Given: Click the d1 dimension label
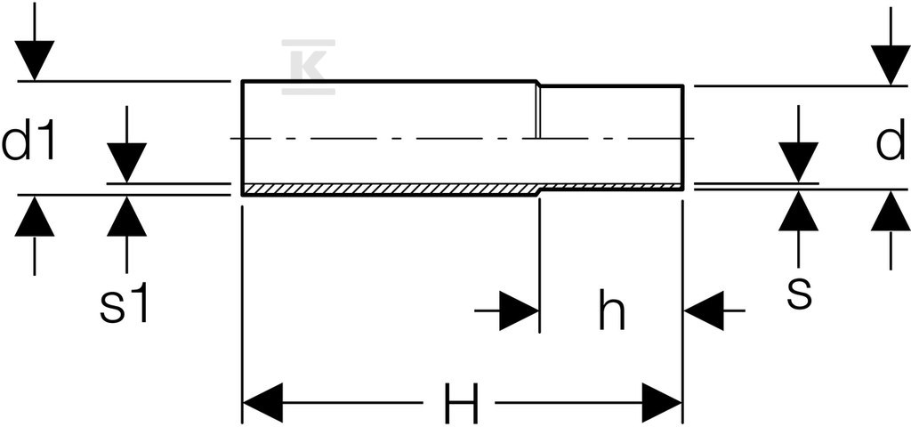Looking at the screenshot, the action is tap(28, 140).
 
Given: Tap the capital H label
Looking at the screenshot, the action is tap(461, 403).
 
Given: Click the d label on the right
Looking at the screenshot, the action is tap(891, 140).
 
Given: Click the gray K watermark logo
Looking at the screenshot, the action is tap(308, 67).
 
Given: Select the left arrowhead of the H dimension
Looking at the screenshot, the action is tap(262, 403).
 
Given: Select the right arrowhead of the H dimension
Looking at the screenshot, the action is tap(661, 403).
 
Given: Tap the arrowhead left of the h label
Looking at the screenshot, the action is tap(520, 310).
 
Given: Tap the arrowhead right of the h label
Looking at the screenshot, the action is tap(705, 310).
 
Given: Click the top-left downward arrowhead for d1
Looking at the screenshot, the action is tap(35, 60).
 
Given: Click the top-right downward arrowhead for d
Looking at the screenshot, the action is tap(891, 65).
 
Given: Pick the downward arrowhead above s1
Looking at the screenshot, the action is tap(126, 164).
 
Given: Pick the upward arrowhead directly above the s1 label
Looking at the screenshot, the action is tap(126, 216).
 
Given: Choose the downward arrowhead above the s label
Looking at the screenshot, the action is tap(798, 162).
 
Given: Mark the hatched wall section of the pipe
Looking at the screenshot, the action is tap(463, 189).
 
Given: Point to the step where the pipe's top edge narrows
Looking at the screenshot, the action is tap(538, 83).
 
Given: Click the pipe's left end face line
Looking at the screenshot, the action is tap(242, 138).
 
